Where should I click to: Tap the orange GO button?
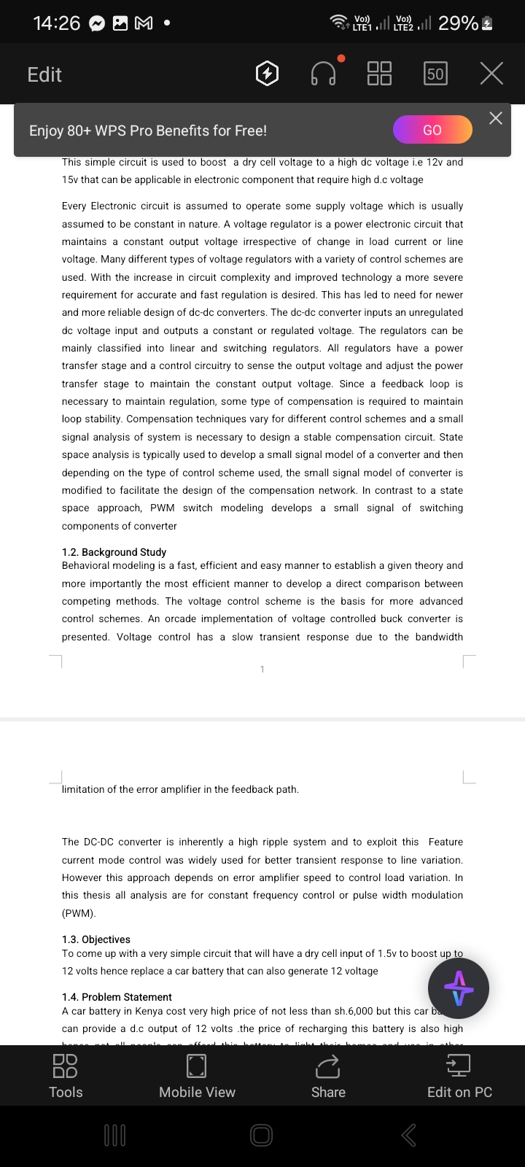(432, 130)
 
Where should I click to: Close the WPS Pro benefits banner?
(496, 118)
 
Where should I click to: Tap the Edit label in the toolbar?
(44, 74)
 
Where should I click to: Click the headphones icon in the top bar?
(323, 73)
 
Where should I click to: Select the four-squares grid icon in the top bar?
(379, 73)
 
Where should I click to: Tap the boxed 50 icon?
(435, 74)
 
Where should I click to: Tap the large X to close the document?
(491, 73)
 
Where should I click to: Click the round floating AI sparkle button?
(459, 988)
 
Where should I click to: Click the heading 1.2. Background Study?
(114, 552)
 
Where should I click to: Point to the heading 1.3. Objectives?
(96, 939)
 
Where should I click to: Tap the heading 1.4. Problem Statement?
(117, 997)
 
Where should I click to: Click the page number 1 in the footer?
(262, 669)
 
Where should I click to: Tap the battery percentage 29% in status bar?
(458, 23)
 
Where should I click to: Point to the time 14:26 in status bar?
(57, 23)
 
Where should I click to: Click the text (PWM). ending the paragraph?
(79, 913)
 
